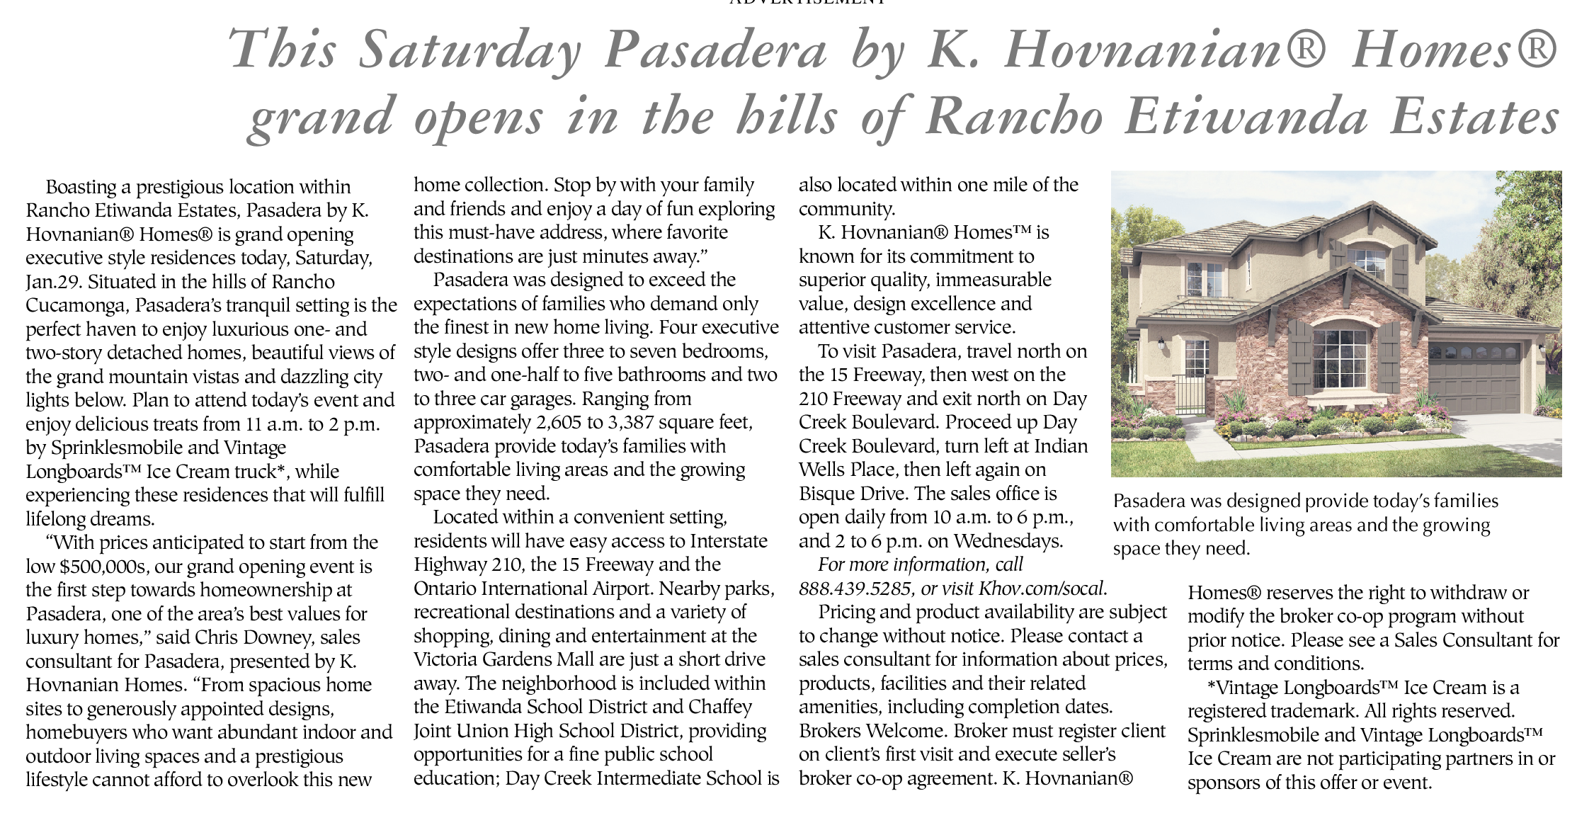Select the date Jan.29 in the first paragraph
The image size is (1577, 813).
pos(54,282)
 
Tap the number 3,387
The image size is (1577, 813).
pos(637,423)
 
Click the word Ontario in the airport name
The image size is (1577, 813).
pos(445,589)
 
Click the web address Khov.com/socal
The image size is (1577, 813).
pos(1042,589)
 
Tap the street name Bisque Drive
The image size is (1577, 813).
pos(850,494)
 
